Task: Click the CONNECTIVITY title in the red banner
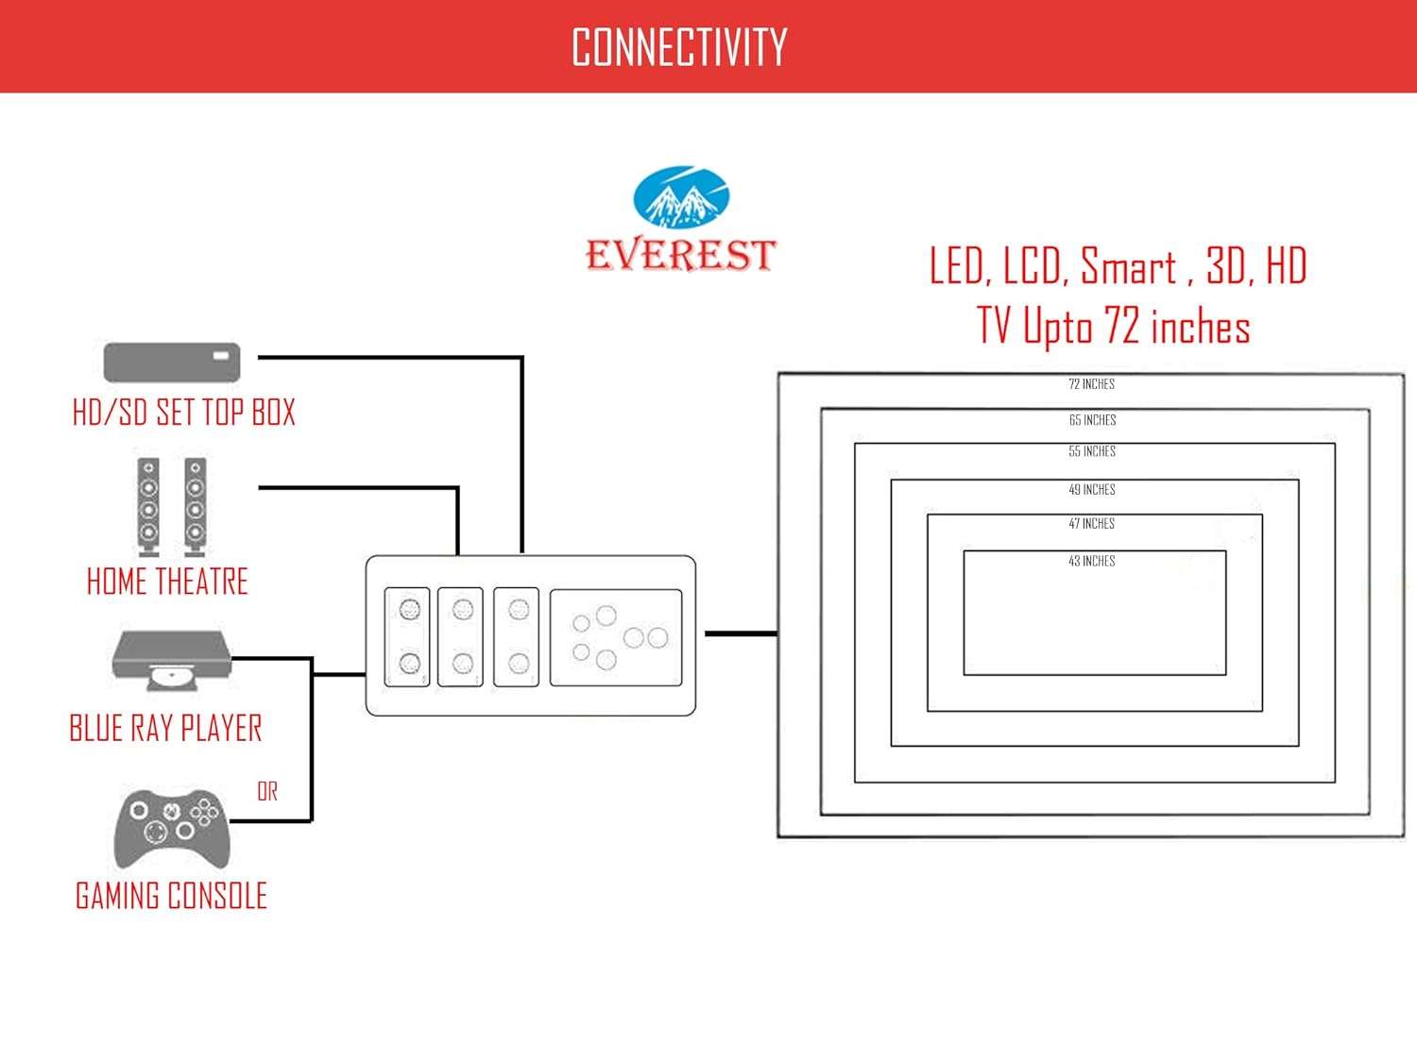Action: pos(679,47)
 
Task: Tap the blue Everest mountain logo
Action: pos(681,197)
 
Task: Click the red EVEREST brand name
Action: pos(680,255)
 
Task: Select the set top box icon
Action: pos(172,362)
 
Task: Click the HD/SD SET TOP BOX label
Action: pos(184,413)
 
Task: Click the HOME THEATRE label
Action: pos(167,582)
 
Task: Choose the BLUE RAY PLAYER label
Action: pos(165,729)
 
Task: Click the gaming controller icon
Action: pos(171,826)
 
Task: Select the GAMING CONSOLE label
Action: pos(171,896)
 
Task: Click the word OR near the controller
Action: pos(267,791)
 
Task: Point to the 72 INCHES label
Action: pos(1091,384)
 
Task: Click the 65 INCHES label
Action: pos(1092,420)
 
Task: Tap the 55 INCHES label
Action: pos(1092,451)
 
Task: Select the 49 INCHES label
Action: pos(1092,490)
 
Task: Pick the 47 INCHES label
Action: pos(1092,524)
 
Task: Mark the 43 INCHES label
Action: pos(1092,562)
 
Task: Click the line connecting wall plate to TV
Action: pos(741,633)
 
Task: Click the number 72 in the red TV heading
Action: pos(1121,326)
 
